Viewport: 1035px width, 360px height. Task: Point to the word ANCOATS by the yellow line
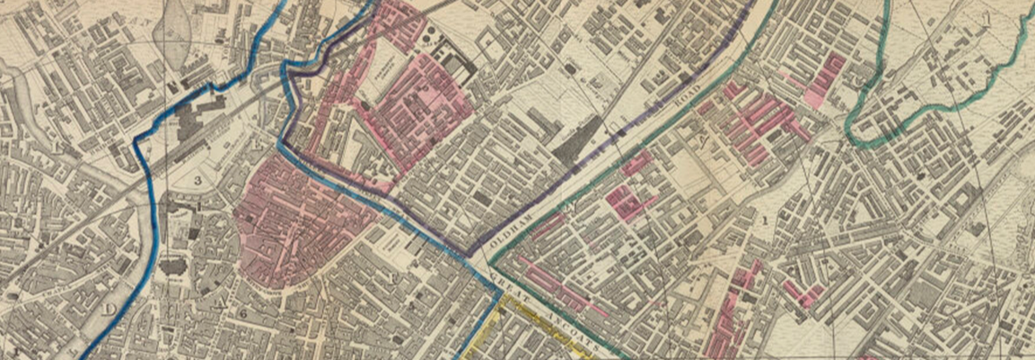point(571,320)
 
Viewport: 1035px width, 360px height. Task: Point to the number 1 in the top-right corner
point(987,18)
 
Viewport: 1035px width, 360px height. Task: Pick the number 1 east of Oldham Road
point(765,218)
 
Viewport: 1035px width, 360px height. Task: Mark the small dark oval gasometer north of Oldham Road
point(569,67)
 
